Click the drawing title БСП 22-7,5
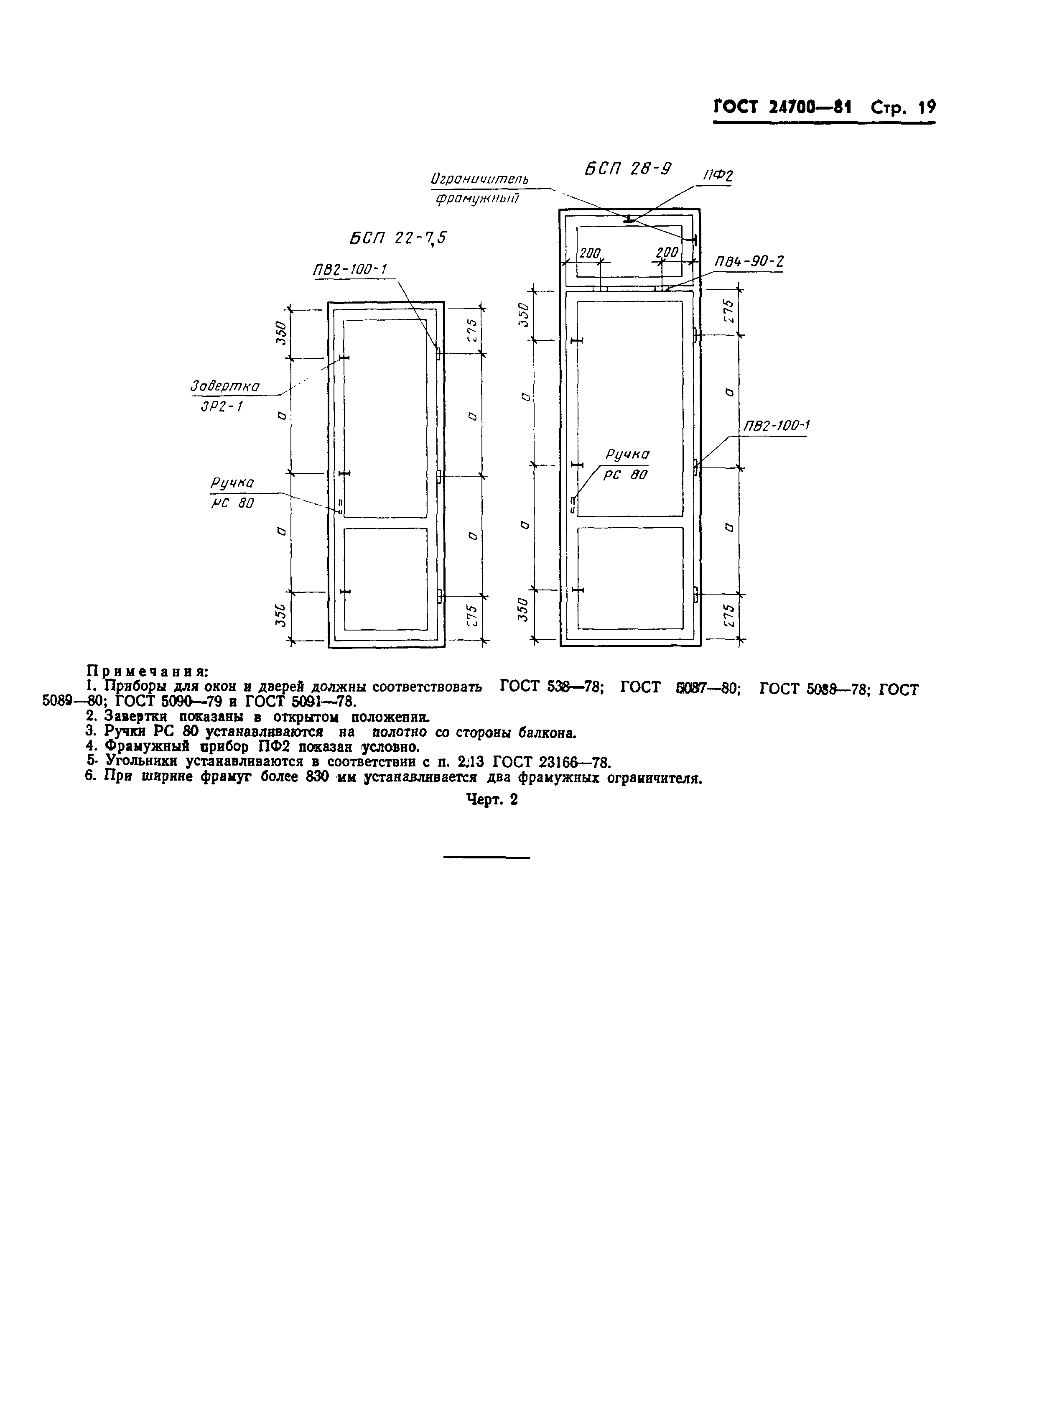[397, 239]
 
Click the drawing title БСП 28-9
[628, 169]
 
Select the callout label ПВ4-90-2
[749, 262]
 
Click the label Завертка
[225, 386]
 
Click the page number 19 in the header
[927, 107]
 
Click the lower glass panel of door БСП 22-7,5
[385, 579]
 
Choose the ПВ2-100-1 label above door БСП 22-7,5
[351, 269]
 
